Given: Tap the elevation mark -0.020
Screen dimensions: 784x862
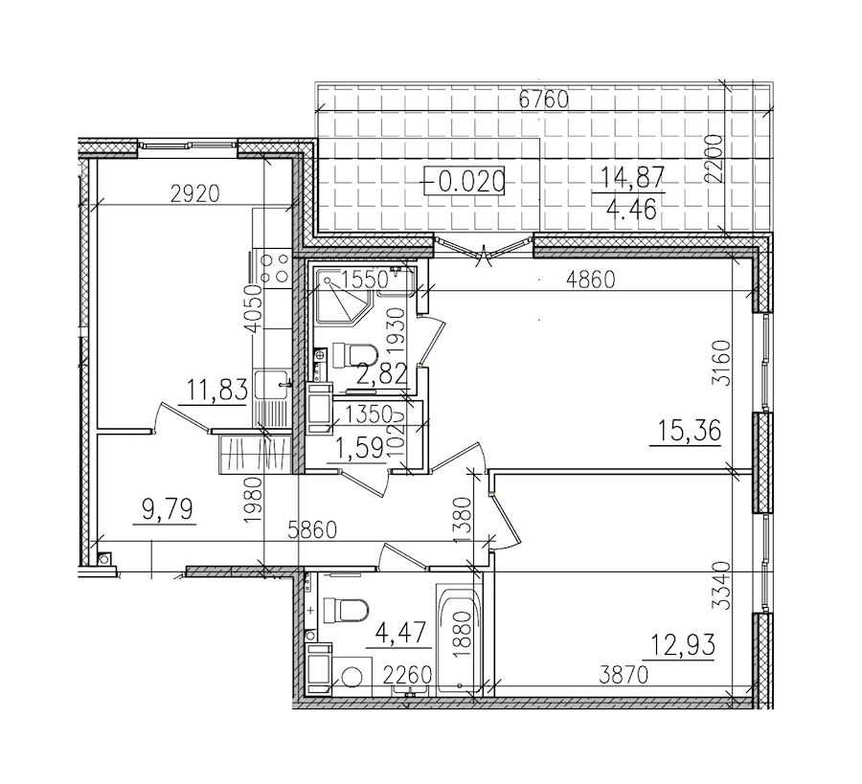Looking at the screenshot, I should point(468,180).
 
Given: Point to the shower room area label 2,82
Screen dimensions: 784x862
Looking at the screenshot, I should point(376,373).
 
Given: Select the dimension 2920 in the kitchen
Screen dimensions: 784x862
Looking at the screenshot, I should point(194,193).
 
